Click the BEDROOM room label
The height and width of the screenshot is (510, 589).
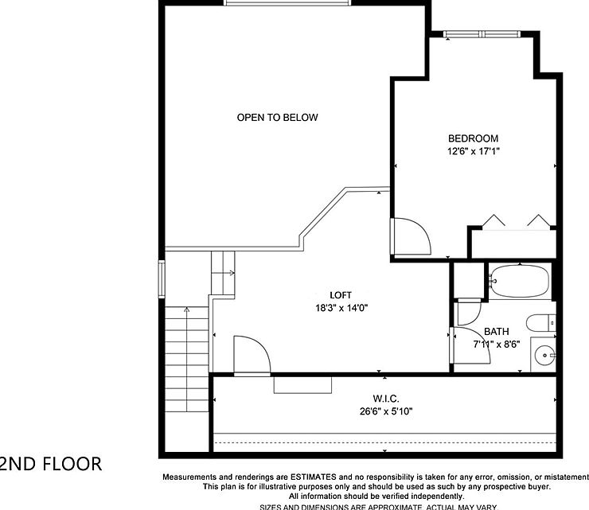pos(473,138)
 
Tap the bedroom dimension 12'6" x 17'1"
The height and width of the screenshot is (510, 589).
pos(473,150)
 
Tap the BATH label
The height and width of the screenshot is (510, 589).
pos(496,332)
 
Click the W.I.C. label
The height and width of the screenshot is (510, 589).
pos(384,398)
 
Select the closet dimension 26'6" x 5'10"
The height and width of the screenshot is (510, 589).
pos(384,411)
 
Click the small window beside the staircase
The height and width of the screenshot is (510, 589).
pos(162,278)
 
